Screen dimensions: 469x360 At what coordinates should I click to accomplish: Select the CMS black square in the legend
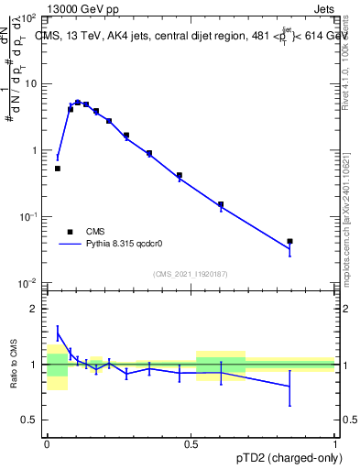(x=70, y=232)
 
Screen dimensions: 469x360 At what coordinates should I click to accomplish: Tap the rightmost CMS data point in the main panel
(x=289, y=242)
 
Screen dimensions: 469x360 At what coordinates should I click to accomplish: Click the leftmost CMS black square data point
(x=58, y=169)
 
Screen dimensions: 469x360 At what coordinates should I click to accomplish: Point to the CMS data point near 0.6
(x=221, y=204)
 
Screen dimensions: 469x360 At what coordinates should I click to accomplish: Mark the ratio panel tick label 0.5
(x=30, y=420)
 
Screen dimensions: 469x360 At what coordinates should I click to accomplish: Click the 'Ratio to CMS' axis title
(x=14, y=365)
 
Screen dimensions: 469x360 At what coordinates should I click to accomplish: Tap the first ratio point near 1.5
(x=58, y=333)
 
